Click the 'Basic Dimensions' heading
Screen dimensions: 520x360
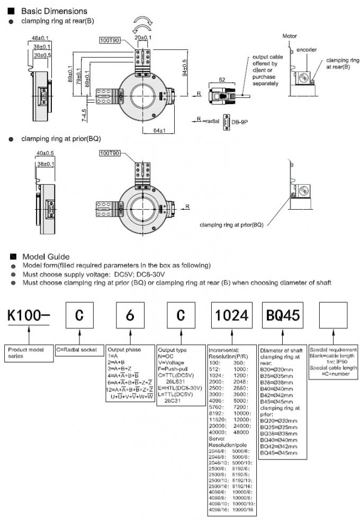point(54,11)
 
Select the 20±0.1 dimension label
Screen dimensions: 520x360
point(143,38)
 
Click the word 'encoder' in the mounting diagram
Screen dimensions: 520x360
point(307,50)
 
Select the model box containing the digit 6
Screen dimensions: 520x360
point(129,316)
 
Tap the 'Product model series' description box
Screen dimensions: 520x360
point(30,353)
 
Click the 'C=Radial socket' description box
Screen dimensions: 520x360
point(78,350)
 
